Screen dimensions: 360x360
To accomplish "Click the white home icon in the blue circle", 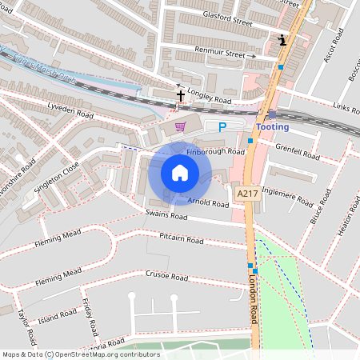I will (x=179, y=173).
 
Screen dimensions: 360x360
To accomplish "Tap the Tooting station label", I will (x=272, y=127).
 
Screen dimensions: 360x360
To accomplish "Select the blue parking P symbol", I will (x=222, y=126).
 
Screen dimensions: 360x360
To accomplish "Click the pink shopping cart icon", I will (x=181, y=126).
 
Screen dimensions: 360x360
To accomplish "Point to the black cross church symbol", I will (x=180, y=96).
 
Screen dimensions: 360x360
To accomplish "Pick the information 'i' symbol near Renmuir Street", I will (x=282, y=39).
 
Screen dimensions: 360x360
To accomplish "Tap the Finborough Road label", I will (x=215, y=151).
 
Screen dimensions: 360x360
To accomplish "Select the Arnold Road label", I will (x=210, y=202).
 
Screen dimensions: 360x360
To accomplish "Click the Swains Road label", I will (x=166, y=217).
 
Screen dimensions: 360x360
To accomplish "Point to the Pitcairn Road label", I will (x=182, y=238).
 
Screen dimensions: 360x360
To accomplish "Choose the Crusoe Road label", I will (x=168, y=277).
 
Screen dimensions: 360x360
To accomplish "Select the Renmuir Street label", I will (x=221, y=53).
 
